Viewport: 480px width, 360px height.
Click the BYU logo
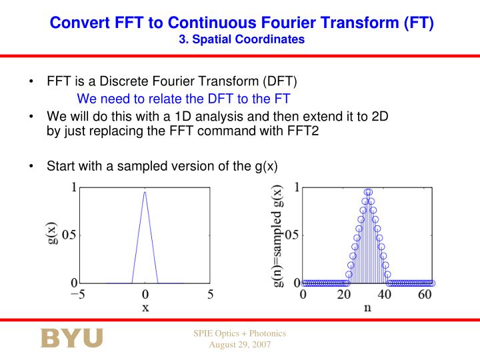pyautogui.click(x=72, y=338)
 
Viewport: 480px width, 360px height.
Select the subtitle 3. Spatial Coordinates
pyautogui.click(x=241, y=39)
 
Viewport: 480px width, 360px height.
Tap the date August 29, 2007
pyautogui.click(x=239, y=345)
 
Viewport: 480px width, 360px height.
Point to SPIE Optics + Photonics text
pyautogui.click(x=239, y=333)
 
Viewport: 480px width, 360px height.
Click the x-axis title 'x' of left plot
pyautogui.click(x=145, y=308)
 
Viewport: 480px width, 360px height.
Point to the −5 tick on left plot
pyautogui.click(x=79, y=294)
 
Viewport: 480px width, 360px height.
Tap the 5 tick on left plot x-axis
pyautogui.click(x=210, y=294)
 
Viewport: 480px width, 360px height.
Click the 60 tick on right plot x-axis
pyautogui.click(x=425, y=294)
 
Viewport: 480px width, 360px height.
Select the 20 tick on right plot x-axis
pyautogui.click(x=344, y=294)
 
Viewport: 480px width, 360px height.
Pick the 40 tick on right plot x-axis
pyautogui.click(x=385, y=294)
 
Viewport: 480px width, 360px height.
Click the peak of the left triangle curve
pyautogui.click(x=145, y=192)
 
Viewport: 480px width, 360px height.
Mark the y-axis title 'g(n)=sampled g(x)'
pyautogui.click(x=278, y=236)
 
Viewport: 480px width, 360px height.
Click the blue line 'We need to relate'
pyautogui.click(x=187, y=99)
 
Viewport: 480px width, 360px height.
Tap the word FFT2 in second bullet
pyautogui.click(x=303, y=131)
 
